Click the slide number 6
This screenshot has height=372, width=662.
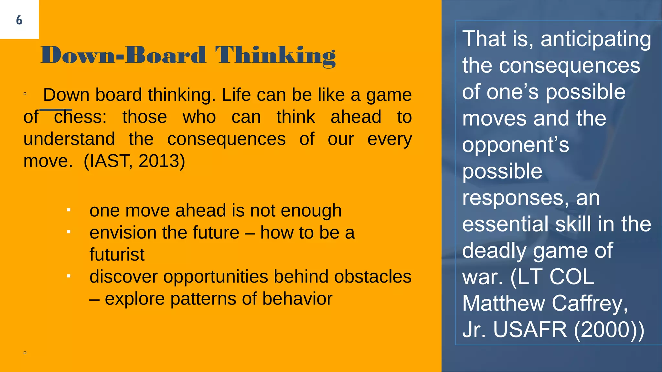click(x=19, y=20)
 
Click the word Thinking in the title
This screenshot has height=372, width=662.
click(x=275, y=56)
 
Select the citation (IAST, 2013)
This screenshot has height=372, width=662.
click(x=134, y=161)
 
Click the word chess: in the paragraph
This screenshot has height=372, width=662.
click(x=80, y=117)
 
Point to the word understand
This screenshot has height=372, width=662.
click(x=69, y=139)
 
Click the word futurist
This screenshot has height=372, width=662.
click(x=117, y=254)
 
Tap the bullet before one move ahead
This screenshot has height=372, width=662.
click(x=69, y=210)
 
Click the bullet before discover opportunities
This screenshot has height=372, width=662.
click(x=69, y=276)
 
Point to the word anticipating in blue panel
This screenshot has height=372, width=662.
click(x=595, y=39)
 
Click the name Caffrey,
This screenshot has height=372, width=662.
click(x=590, y=303)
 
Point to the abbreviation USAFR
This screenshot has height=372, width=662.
click(x=530, y=330)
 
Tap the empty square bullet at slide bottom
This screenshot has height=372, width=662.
click(x=25, y=353)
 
